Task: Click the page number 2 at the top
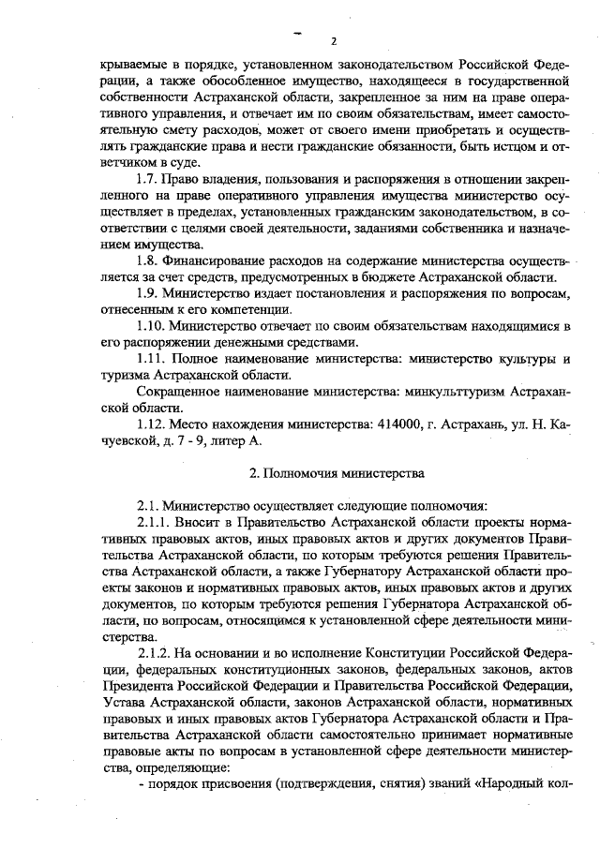point(333,41)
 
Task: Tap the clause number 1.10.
point(150,325)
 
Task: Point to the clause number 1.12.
point(150,424)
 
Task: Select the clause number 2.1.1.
point(155,521)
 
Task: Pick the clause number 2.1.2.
point(155,652)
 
